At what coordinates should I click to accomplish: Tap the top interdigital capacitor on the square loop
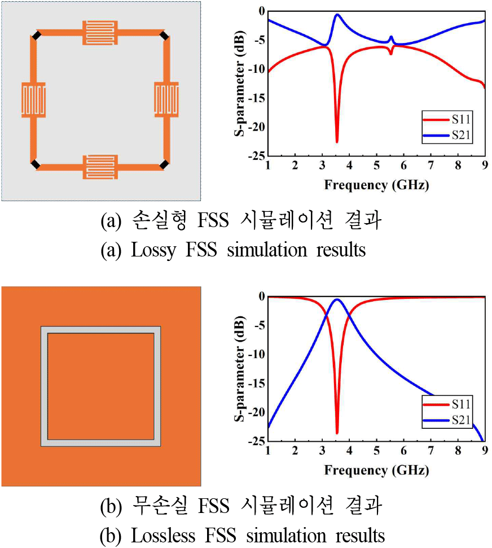tap(100, 33)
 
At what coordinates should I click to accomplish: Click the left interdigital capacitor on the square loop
tap(33, 100)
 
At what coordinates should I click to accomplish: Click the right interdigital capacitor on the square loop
tap(167, 100)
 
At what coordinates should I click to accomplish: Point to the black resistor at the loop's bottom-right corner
tap(164, 164)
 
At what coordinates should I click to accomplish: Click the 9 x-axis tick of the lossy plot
tap(485, 165)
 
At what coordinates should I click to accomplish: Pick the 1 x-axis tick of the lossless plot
tap(268, 450)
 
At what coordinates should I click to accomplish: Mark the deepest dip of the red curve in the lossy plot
tap(337, 142)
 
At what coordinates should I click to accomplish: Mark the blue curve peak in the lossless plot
tap(337, 299)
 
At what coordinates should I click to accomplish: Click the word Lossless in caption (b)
tap(162, 534)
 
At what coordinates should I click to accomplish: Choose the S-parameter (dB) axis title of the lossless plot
tap(239, 369)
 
